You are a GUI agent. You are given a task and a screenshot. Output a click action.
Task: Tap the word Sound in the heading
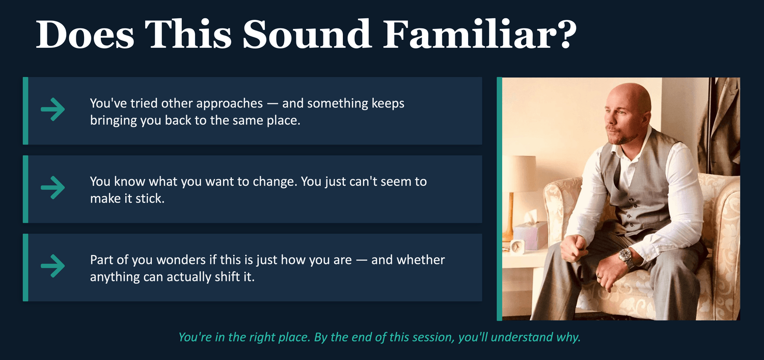click(307, 35)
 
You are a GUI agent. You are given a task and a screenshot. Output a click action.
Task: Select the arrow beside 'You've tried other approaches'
click(53, 109)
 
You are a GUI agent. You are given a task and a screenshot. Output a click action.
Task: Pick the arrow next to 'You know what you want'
click(53, 187)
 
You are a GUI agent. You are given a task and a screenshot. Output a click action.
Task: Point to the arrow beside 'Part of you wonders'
click(53, 266)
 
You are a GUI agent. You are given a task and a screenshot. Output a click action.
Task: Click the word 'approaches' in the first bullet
click(229, 104)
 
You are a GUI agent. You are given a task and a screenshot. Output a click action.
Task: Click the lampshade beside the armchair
click(519, 173)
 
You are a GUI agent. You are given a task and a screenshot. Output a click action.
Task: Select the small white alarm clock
click(517, 246)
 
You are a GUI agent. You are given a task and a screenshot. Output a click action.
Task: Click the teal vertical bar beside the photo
click(499, 199)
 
